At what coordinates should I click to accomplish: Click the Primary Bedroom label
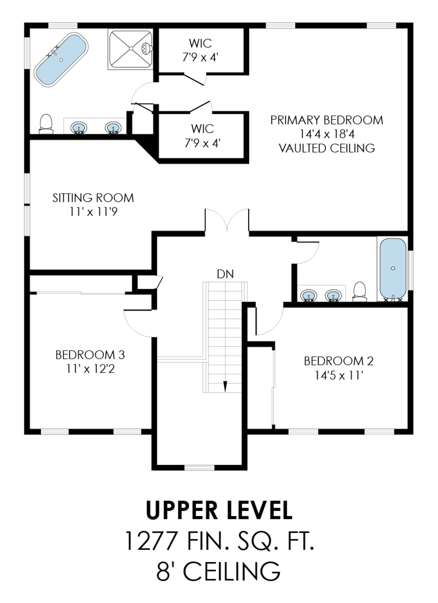pyautogui.click(x=327, y=120)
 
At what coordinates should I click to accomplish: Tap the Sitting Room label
pyautogui.click(x=93, y=198)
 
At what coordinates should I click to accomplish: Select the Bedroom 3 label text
pyautogui.click(x=90, y=355)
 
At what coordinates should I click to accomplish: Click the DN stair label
pyautogui.click(x=225, y=274)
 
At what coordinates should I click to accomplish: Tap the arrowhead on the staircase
pyautogui.click(x=225, y=386)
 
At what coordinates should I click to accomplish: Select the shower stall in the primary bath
pyautogui.click(x=131, y=49)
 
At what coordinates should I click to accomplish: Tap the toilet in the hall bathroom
pyautogui.click(x=359, y=292)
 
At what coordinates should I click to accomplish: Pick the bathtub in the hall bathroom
pyautogui.click(x=393, y=269)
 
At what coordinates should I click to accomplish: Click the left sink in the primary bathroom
pyautogui.click(x=79, y=128)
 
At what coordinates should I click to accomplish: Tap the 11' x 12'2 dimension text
pyautogui.click(x=90, y=369)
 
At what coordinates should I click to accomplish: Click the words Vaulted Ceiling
pyautogui.click(x=327, y=148)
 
